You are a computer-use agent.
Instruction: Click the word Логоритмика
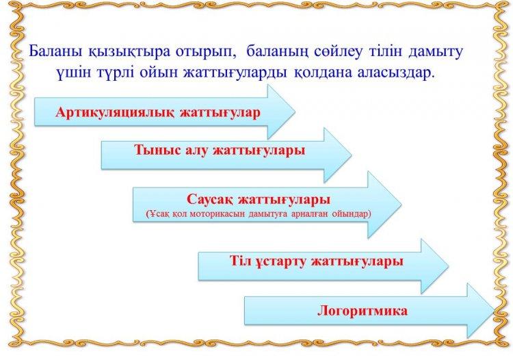point(363,311)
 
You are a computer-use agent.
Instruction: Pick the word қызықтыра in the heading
point(129,53)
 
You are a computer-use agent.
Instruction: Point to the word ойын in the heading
point(159,73)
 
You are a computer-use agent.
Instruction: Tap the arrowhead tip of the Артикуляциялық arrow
point(295,112)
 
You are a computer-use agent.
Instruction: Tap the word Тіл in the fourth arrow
point(240,261)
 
